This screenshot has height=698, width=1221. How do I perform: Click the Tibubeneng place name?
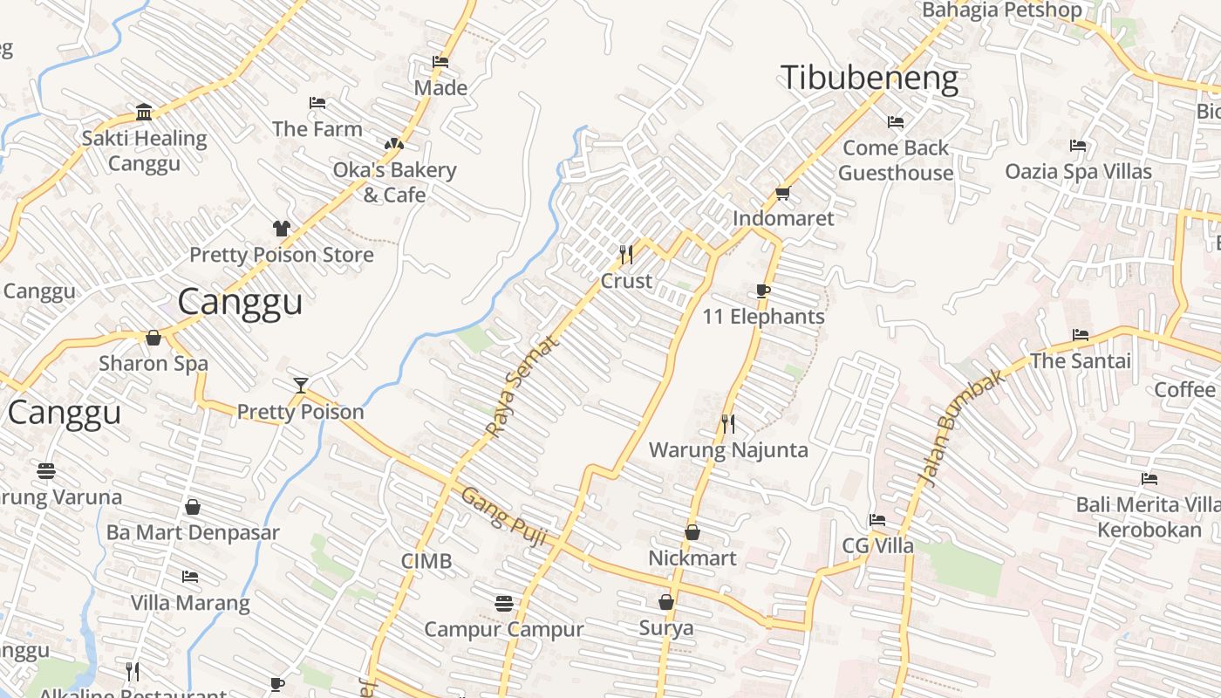869,79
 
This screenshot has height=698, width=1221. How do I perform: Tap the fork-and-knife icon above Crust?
626,255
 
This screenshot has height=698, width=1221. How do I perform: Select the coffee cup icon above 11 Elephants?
763,291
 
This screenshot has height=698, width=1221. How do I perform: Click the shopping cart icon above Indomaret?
782,193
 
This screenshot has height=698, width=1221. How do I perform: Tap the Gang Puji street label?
503,517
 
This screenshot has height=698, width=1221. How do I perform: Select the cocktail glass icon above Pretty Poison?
301,386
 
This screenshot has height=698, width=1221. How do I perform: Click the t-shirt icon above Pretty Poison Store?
281,229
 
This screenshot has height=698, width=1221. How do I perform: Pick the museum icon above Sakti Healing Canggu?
144,112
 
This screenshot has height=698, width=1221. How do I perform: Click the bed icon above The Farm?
317,103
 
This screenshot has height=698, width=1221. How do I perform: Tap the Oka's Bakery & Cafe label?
394,181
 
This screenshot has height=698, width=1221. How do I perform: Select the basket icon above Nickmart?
692,531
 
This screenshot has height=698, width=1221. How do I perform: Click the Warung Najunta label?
728,450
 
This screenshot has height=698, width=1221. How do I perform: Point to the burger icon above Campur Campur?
503,603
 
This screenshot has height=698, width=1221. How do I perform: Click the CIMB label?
426,561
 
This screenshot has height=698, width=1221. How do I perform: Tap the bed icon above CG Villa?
877,520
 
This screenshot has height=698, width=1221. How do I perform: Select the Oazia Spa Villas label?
1078,171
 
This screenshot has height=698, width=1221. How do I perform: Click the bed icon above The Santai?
1081,335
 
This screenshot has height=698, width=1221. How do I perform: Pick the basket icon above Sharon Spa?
153,338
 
